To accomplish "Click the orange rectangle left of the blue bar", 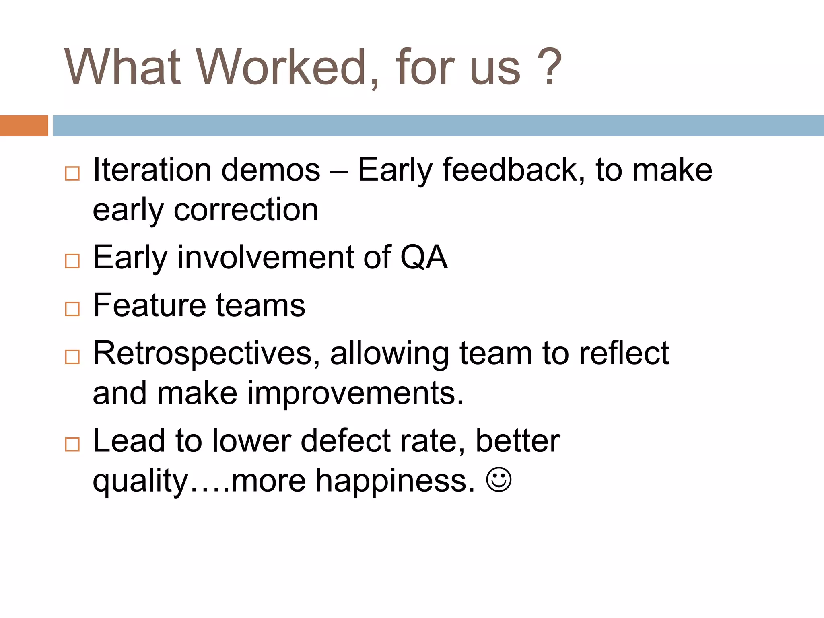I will click(x=24, y=126).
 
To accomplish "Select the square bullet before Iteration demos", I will click(x=72, y=174).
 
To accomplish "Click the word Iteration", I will click(x=152, y=170).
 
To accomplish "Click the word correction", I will click(x=246, y=210).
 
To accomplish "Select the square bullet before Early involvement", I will click(x=72, y=261).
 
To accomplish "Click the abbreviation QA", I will click(x=423, y=257).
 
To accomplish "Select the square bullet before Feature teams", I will click(x=72, y=309).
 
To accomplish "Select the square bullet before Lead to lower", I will click(x=72, y=445).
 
